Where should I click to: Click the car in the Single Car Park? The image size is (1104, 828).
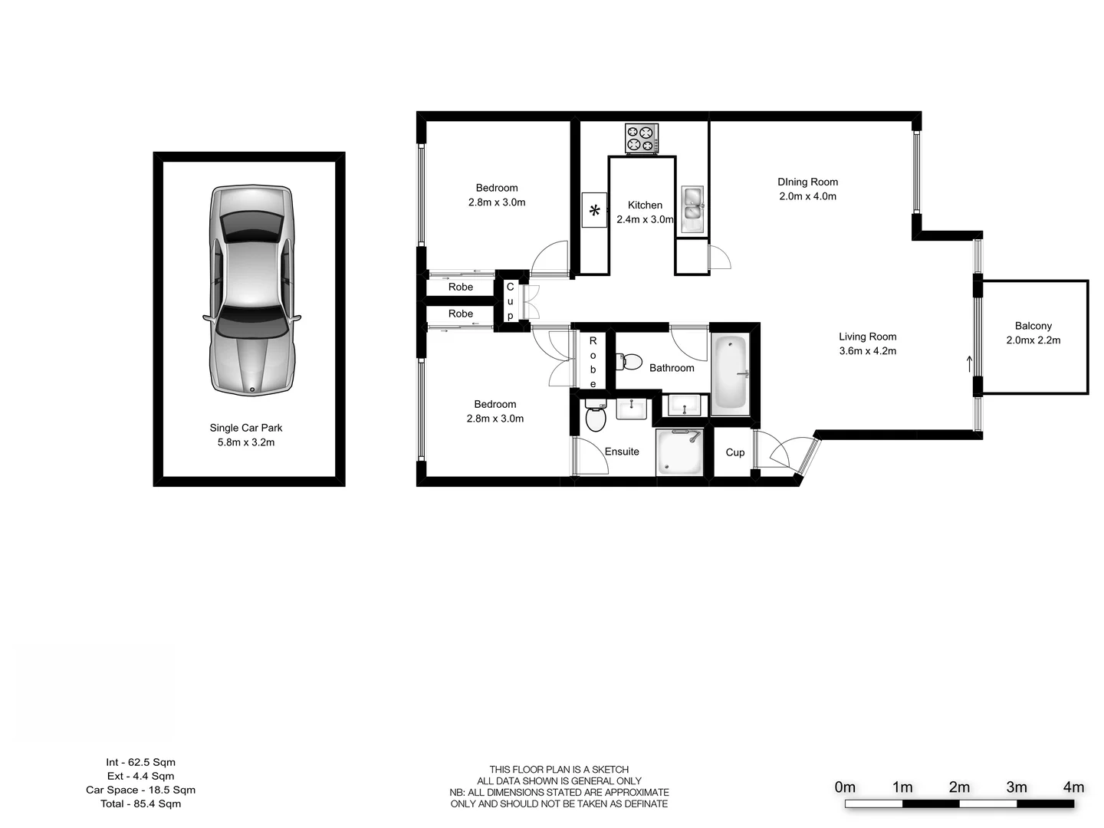[251, 290]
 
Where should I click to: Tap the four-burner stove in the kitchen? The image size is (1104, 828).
[642, 139]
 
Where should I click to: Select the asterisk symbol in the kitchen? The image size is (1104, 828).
[594, 210]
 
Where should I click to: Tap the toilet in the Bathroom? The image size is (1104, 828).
[631, 360]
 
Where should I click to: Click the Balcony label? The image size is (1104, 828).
[1033, 326]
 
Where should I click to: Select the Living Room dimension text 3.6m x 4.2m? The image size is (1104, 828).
[867, 351]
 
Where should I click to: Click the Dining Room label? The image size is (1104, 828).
[807, 182]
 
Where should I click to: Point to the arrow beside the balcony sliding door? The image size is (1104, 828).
[970, 363]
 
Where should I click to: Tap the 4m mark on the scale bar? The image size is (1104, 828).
[1073, 787]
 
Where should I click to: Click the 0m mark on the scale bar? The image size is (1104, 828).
[845, 787]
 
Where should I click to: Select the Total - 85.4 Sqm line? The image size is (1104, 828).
[140, 803]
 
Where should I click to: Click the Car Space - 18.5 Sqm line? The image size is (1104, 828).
[140, 790]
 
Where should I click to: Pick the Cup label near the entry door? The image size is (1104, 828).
[734, 452]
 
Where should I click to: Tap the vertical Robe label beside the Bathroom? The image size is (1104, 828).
[593, 362]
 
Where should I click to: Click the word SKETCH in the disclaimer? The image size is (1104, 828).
[609, 770]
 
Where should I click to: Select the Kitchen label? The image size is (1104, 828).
[645, 205]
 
